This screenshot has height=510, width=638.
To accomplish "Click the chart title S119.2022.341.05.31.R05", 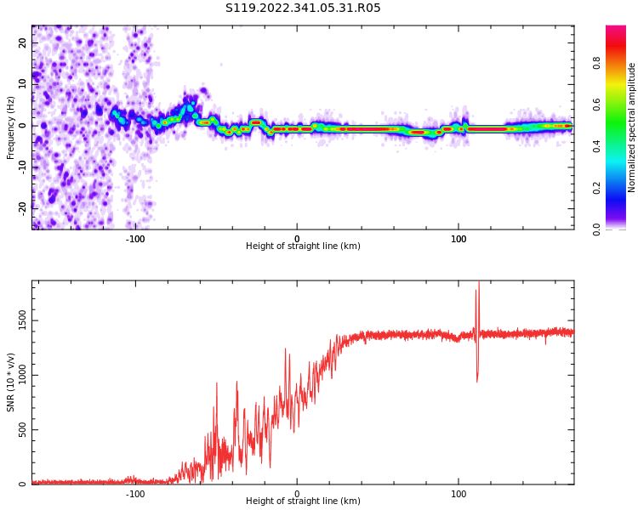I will coord(303,8).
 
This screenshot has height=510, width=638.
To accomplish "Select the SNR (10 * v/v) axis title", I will coord(11,382).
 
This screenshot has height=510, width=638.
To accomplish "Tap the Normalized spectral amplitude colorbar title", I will coord(632,127).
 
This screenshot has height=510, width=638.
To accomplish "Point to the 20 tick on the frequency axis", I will coord(23,42).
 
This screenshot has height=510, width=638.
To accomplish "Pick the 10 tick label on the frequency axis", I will coord(23,84).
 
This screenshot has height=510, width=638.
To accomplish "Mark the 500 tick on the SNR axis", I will coord(23,429).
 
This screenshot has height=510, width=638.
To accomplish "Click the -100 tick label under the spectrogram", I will coord(135,239).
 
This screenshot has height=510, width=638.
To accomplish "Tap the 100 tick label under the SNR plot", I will coord(459,493).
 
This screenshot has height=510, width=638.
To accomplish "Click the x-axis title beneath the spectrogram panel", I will coord(303,246).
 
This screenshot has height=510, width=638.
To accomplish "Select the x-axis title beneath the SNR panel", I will coord(303,501).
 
